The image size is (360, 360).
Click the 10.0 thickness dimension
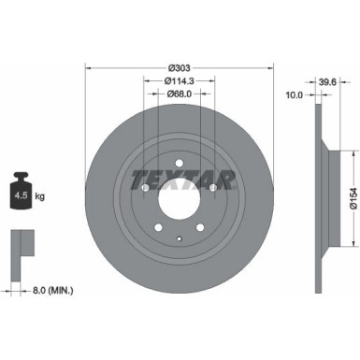click(x=294, y=94)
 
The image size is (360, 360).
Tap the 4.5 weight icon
click(x=21, y=194)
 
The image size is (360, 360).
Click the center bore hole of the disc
click(x=180, y=198)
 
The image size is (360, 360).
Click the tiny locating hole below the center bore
click(x=180, y=239)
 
